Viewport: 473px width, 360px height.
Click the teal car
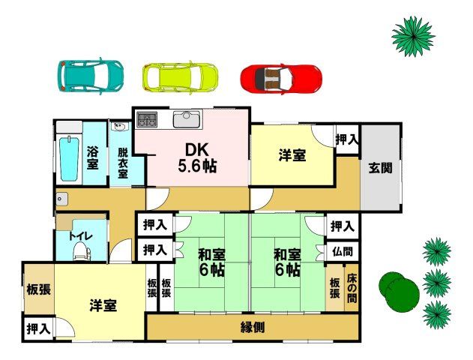[x=90, y=74]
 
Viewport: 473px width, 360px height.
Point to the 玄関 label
[x=379, y=168]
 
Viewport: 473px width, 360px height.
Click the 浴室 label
[x=94, y=155]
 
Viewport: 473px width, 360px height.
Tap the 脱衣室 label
[x=121, y=162]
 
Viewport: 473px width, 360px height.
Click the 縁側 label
[x=256, y=327]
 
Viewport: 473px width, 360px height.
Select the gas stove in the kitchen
[x=145, y=119]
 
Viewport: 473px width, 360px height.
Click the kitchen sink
[x=184, y=119]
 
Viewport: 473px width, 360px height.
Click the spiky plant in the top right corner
[x=412, y=34]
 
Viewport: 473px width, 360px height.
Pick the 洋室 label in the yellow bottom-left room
[x=103, y=305]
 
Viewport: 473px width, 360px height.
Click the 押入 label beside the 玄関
[x=346, y=140]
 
